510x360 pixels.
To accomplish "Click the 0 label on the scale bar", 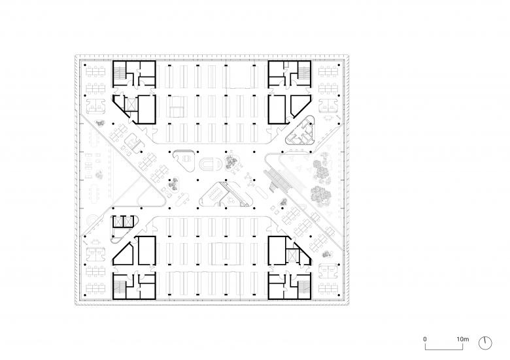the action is pos(425,339).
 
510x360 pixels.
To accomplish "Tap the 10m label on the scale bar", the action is pos(462,339).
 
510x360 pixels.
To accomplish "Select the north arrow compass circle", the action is pos(485,343).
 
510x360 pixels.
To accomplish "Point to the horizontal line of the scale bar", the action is pos(444,350).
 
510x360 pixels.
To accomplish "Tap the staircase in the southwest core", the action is pos(119,287).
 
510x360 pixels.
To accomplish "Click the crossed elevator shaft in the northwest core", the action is pos(131,105).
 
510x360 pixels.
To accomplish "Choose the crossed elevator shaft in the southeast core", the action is pos(292,255).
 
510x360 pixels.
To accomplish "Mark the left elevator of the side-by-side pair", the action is pos(117,221).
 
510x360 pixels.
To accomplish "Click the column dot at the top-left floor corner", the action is pos(85,65).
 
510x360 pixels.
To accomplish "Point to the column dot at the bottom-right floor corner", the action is pos(339,295).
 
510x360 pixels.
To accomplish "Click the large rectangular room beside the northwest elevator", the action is pos(146,109).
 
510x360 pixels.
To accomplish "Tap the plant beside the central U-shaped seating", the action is pos(231,161).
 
